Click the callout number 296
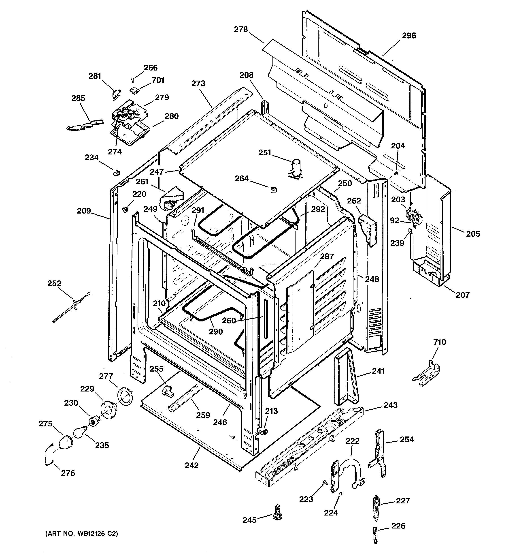pyautogui.click(x=409, y=36)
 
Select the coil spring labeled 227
pyautogui.click(x=376, y=507)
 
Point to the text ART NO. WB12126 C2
pyautogui.click(x=82, y=534)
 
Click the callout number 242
pyautogui.click(x=192, y=465)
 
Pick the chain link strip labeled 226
pyautogui.click(x=375, y=534)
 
